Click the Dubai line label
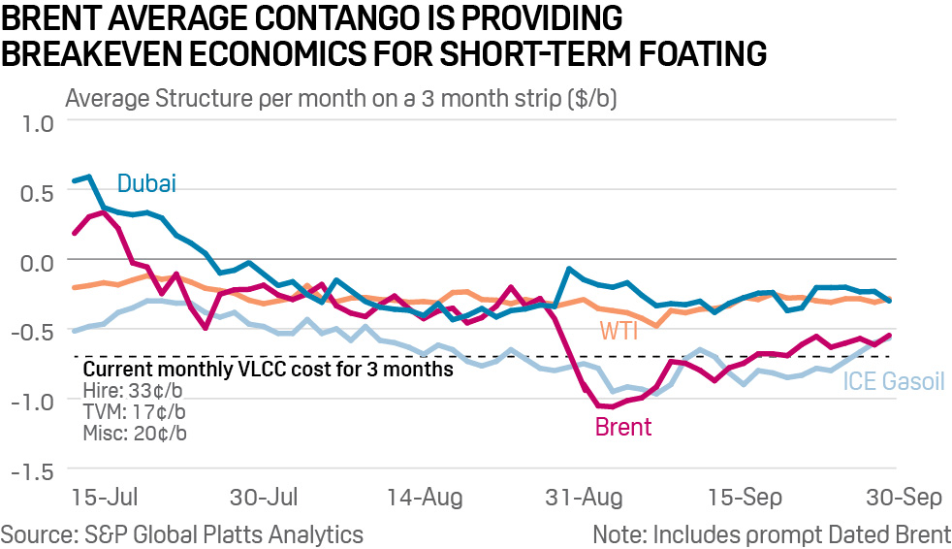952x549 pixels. (146, 183)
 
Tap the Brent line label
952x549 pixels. (622, 427)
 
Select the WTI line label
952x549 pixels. (619, 330)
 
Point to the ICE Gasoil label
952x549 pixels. (892, 381)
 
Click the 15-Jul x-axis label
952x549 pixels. (104, 499)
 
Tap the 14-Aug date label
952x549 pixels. (424, 499)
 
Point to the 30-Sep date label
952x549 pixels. (904, 499)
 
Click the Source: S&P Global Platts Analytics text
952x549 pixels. (182, 533)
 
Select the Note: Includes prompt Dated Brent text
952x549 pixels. (772, 533)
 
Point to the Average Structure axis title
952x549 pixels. (340, 98)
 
